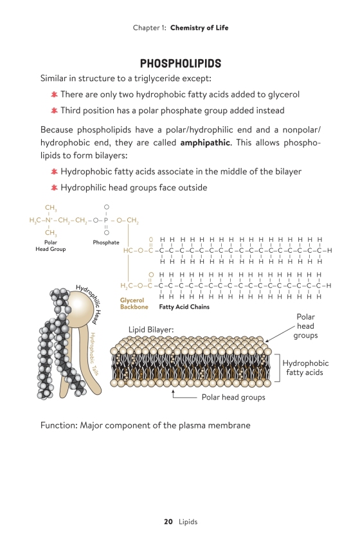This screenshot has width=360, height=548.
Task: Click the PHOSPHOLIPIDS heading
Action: click(181, 63)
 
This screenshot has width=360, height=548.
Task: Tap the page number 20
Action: click(168, 522)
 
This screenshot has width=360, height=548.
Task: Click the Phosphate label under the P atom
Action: click(106, 242)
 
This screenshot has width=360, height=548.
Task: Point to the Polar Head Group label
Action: click(51, 245)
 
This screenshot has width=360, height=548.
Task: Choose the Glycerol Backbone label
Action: click(134, 304)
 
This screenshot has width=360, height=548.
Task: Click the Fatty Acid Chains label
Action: click(184, 307)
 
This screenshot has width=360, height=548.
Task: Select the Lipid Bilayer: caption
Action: click(151, 329)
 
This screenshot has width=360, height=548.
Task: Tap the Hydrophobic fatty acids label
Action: click(305, 368)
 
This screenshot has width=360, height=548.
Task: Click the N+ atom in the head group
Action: click(48, 220)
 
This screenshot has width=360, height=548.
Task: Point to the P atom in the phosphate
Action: click(106, 220)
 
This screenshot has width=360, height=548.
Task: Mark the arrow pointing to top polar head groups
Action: click(280, 333)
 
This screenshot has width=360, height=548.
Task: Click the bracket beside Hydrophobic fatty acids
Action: click(280, 368)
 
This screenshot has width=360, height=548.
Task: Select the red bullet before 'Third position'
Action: click(54, 111)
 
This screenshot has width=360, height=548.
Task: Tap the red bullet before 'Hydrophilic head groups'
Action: click(54, 188)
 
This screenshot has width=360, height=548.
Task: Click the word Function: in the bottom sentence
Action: click(59, 425)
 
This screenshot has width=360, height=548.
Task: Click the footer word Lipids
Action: click(188, 522)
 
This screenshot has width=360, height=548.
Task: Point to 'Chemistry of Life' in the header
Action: click(199, 28)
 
